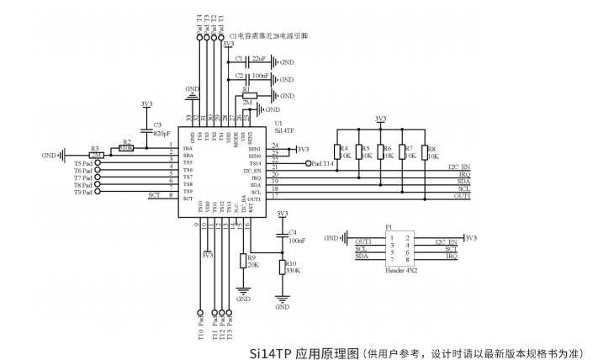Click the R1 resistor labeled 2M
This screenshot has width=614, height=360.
(249, 96)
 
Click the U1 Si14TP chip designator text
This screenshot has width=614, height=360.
(284, 127)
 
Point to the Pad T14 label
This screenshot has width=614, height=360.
(325, 164)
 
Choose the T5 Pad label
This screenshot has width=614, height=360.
(83, 162)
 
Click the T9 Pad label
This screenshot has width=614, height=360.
(83, 193)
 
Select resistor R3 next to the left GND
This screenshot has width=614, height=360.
(96, 155)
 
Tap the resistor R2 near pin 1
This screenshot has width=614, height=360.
(126, 147)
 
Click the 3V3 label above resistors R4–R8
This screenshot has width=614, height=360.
(380, 119)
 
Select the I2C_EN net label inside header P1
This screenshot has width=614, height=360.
(445, 241)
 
